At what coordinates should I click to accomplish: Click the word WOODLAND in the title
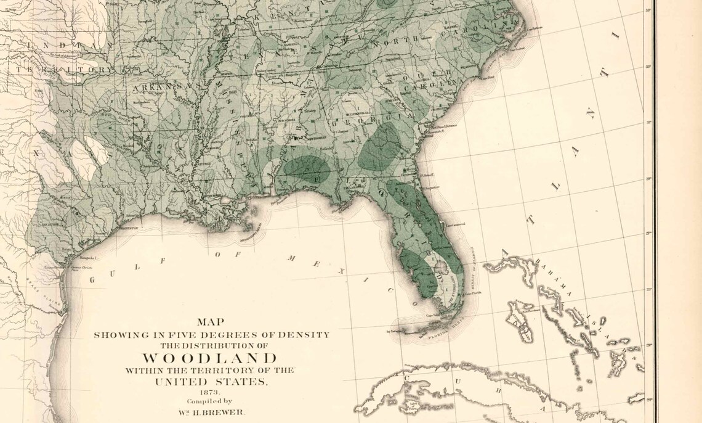(210, 358)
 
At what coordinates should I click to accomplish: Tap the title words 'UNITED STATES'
(211, 382)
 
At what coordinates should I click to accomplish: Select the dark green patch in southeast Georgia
(380, 148)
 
